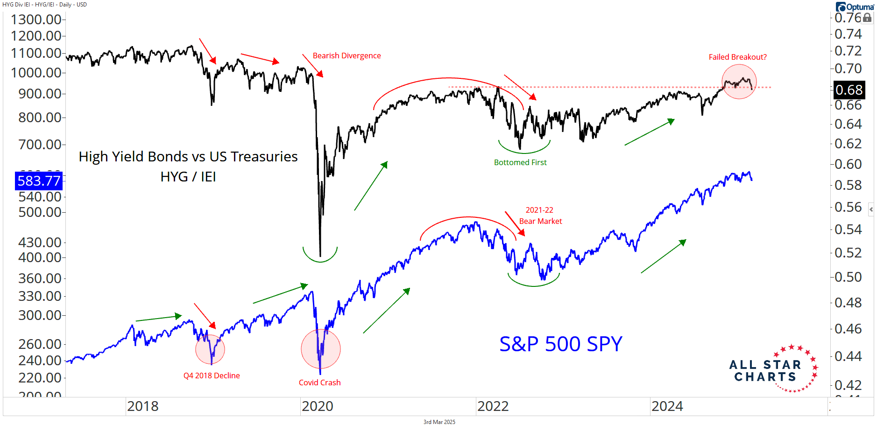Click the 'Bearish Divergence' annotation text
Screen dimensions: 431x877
point(347,56)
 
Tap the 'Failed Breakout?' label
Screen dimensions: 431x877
point(737,57)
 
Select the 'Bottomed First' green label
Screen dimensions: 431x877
point(520,162)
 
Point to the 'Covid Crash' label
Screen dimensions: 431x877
point(319,382)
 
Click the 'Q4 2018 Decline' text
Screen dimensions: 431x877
point(212,375)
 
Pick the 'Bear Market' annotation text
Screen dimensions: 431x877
point(540,221)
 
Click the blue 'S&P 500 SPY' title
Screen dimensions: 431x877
point(560,344)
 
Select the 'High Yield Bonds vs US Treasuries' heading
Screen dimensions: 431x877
point(188,157)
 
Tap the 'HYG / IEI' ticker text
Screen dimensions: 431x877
point(188,177)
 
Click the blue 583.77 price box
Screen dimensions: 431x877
point(39,181)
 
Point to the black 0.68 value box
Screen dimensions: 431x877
point(849,90)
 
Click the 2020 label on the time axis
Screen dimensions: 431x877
point(318,406)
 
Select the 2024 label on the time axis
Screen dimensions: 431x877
point(667,406)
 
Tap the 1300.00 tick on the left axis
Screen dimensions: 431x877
point(36,20)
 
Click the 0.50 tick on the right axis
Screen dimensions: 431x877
point(848,277)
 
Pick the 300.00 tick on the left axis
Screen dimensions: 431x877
point(40,315)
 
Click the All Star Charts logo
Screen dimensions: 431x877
point(773,369)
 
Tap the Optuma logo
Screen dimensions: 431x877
point(855,7)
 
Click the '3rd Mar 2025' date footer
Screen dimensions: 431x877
point(439,422)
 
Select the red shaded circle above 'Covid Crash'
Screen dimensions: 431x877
point(321,349)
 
